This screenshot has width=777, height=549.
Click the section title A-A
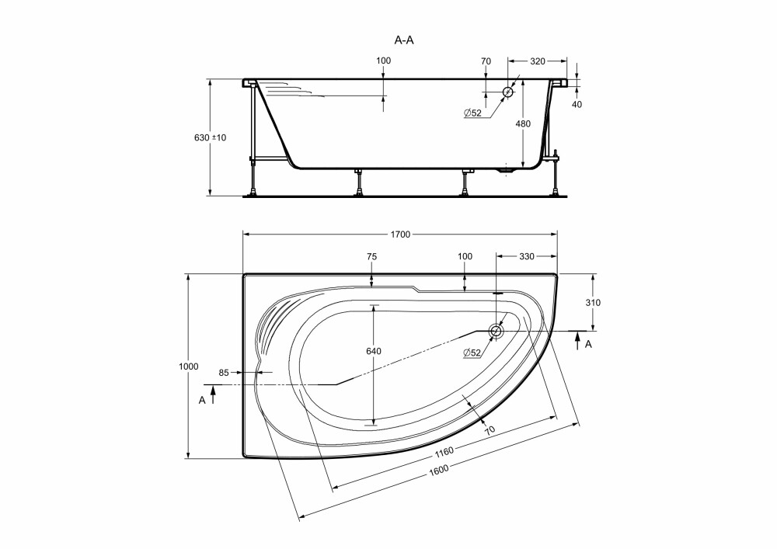pos(404,40)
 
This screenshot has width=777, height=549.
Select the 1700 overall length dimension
pos(400,235)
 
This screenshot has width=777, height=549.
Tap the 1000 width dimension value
pos(188,367)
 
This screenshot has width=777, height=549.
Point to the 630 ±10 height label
pos(210,137)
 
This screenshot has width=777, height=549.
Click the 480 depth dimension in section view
pos(523,123)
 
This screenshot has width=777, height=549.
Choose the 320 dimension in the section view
pos(538,61)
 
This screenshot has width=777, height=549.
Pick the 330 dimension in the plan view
pos(527,256)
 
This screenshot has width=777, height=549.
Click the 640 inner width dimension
pos(374,351)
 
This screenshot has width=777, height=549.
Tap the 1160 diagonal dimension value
pos(444,452)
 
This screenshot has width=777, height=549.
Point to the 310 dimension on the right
pos(593,303)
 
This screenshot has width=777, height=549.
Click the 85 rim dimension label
pos(224,372)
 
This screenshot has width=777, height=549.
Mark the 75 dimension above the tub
pos(371,256)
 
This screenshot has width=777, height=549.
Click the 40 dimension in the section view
pos(577,105)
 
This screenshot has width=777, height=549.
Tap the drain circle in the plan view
pos(496,331)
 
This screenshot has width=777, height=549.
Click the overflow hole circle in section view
pos(508,92)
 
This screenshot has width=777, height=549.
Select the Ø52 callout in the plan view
pos(472,353)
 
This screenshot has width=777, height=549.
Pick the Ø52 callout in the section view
pos(472,113)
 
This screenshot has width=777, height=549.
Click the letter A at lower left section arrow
pos(202,400)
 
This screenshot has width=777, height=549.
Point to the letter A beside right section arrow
pos(588,344)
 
